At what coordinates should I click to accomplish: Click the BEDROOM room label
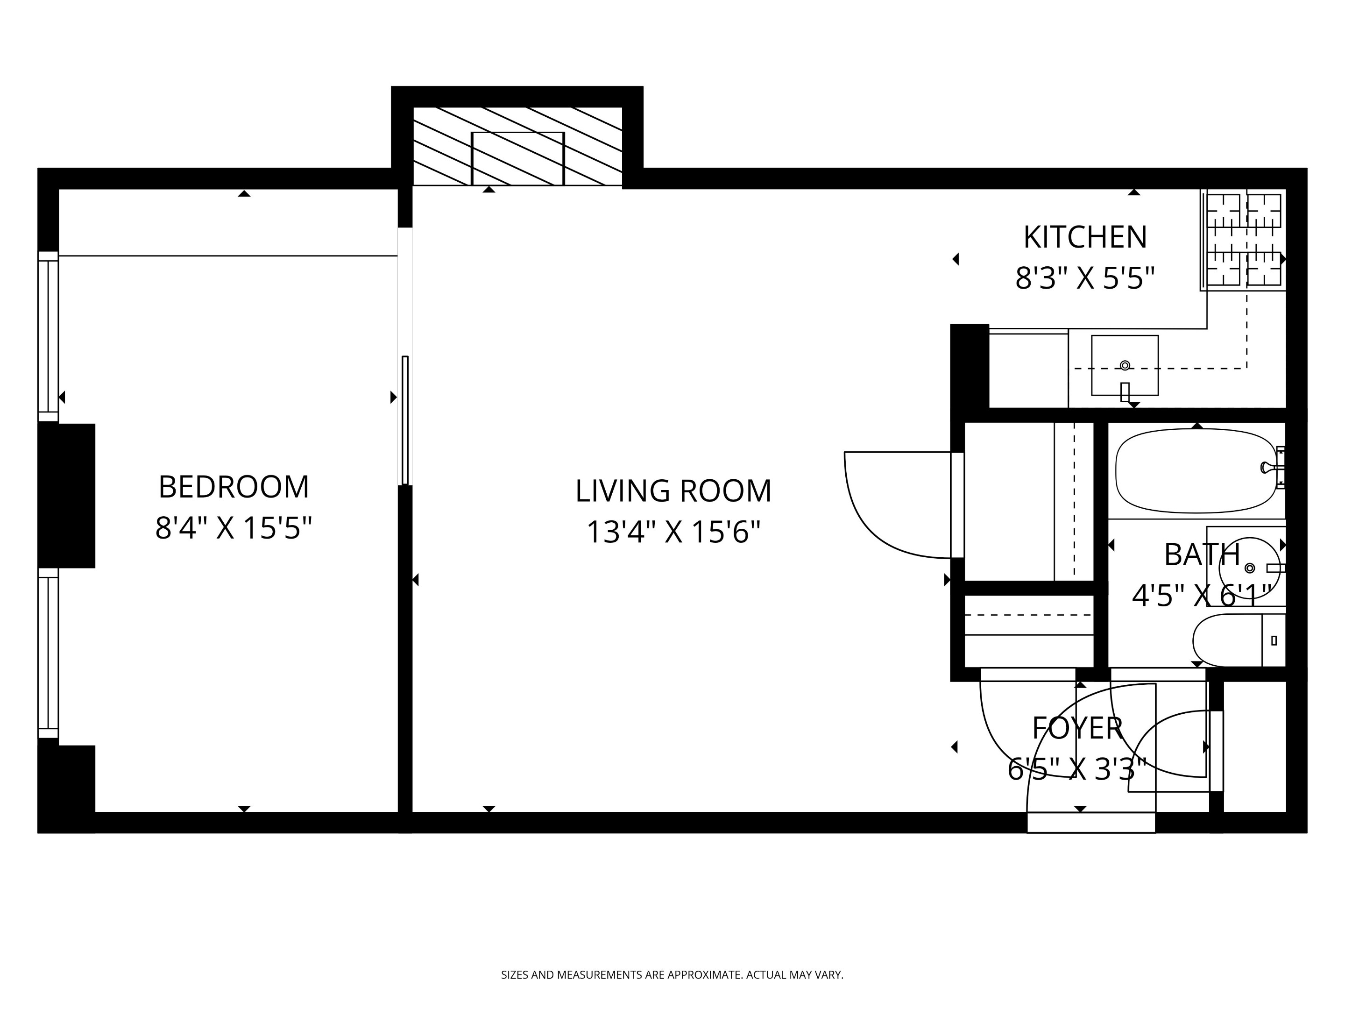pyautogui.click(x=234, y=487)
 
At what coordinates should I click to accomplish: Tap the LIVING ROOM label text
pyautogui.click(x=673, y=491)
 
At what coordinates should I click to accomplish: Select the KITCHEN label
pyautogui.click(x=1085, y=238)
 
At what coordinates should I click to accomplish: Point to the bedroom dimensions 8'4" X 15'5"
pyautogui.click(x=234, y=528)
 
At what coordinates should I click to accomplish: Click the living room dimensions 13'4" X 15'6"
pyautogui.click(x=673, y=532)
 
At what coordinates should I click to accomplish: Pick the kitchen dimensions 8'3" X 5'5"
pyautogui.click(x=1085, y=278)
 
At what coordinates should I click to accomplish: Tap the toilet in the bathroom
pyautogui.click(x=1238, y=640)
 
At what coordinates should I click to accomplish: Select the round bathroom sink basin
pyautogui.click(x=1249, y=568)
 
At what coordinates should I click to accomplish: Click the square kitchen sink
pyautogui.click(x=1124, y=365)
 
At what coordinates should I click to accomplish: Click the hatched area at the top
pyautogui.click(x=517, y=146)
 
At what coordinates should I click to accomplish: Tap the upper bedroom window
pyautogui.click(x=48, y=336)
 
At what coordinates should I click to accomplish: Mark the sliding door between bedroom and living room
pyautogui.click(x=405, y=419)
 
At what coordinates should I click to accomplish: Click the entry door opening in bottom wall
pyautogui.click(x=1091, y=822)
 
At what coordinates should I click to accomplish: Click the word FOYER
pyautogui.click(x=1077, y=728)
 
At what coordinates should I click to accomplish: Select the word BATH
pyautogui.click(x=1202, y=554)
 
